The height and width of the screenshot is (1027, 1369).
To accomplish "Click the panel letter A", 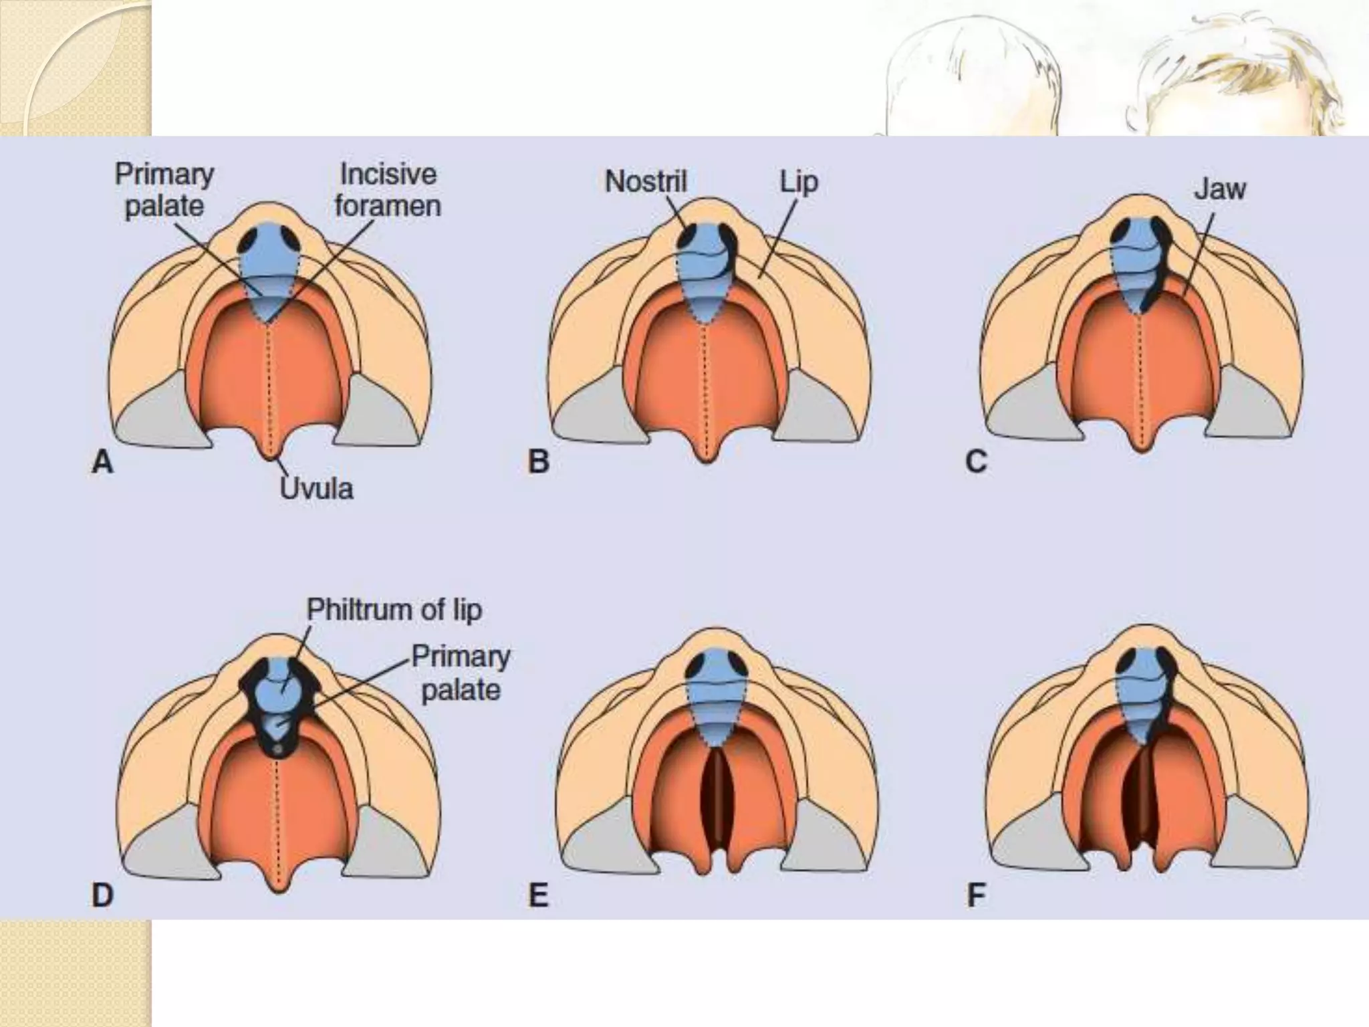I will (102, 461).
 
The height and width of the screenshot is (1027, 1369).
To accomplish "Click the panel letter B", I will (539, 461).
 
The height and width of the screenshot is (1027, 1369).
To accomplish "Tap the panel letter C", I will (976, 461).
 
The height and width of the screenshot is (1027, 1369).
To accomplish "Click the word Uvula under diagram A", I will (316, 489).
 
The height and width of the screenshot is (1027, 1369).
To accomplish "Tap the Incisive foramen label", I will (388, 190).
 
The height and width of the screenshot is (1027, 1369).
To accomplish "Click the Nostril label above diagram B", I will (646, 181).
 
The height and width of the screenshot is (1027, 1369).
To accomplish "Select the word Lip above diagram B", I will (799, 182).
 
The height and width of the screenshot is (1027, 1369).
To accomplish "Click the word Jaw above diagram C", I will (1220, 189).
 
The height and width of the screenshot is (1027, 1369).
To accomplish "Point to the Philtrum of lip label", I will (394, 610).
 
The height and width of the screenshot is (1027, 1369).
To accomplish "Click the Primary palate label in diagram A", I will (164, 190).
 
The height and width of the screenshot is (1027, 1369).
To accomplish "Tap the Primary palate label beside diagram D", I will (461, 673).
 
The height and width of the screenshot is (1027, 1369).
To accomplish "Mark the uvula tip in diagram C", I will (1142, 447).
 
